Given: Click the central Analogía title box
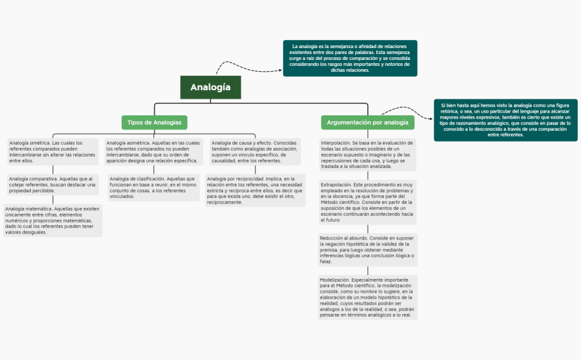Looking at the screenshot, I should pos(210,87).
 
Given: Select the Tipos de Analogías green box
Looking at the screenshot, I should pos(154,122).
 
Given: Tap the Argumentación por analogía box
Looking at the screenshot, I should pos(367,122).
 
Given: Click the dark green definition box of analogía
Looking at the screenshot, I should pos(350,58).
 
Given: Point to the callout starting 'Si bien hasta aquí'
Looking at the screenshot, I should pos(505,120).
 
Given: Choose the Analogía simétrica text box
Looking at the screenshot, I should pos(52,151).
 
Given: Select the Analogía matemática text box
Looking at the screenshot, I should pos(53,220).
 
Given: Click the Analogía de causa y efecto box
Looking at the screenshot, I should pos(255,151).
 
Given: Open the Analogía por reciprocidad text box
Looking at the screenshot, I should pos(255,190).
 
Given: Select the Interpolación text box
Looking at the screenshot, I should pos(367,155).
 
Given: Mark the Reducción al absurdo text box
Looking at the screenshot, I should pos(367,249).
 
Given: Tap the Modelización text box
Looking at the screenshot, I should pos(367,297).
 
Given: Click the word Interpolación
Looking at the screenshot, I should pos(336,142).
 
